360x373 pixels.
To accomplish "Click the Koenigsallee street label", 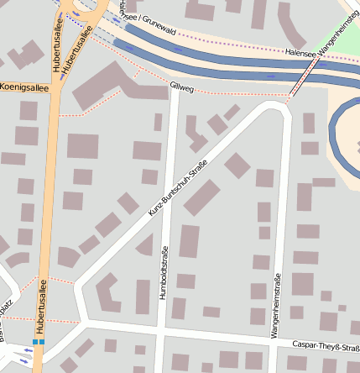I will pyautogui.click(x=25, y=87).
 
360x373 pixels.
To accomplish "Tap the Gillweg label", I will pyautogui.click(x=181, y=86).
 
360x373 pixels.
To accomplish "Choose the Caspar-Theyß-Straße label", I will pyautogui.click(x=325, y=344).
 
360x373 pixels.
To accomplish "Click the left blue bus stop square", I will pyautogui.click(x=35, y=342).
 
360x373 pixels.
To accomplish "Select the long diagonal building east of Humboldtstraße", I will pyautogui.click(x=202, y=197).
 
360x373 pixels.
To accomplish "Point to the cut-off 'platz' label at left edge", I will pyautogui.click(x=6, y=311).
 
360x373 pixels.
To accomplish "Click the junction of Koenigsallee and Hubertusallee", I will pyautogui.click(x=56, y=87).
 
